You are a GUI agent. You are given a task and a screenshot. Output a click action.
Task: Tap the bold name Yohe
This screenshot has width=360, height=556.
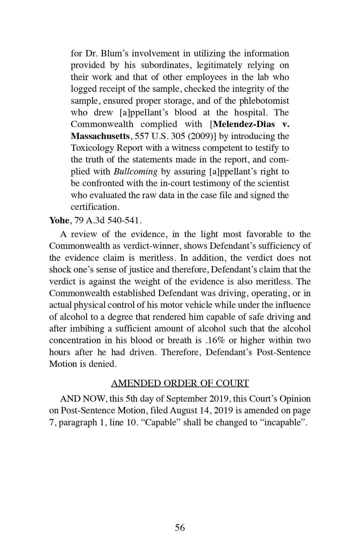tap(59, 221)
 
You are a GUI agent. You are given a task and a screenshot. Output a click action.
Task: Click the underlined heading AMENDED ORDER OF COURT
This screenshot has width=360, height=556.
tap(180, 383)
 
